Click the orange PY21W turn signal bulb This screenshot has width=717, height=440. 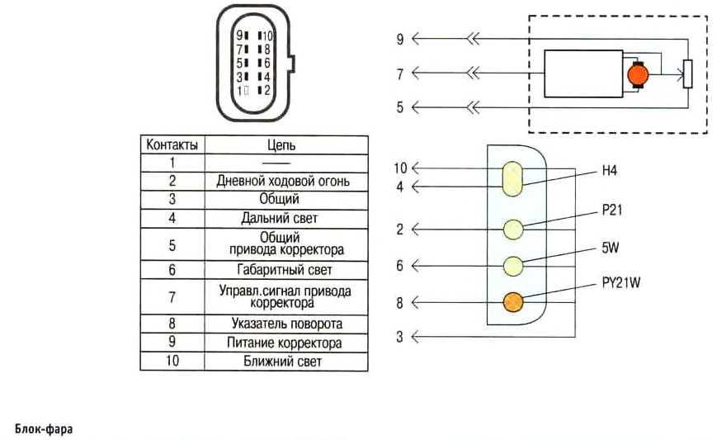pyautogui.click(x=512, y=303)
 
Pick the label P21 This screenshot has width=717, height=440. pyautogui.click(x=611, y=211)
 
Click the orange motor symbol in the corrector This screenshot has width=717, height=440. pyautogui.click(x=639, y=75)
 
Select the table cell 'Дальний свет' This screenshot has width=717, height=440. pyautogui.click(x=279, y=219)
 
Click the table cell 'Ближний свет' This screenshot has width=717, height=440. pyautogui.click(x=279, y=361)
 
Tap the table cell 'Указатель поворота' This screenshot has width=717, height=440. pyautogui.click(x=280, y=324)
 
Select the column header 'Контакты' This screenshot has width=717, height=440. pyautogui.click(x=172, y=144)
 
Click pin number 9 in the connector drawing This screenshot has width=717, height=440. pyautogui.click(x=239, y=36)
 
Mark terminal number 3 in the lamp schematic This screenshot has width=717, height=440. pyautogui.click(x=399, y=337)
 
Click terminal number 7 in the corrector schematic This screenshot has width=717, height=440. pyautogui.click(x=399, y=73)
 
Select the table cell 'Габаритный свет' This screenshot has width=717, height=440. pyautogui.click(x=280, y=269)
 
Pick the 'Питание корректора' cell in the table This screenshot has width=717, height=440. pyautogui.click(x=280, y=343)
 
